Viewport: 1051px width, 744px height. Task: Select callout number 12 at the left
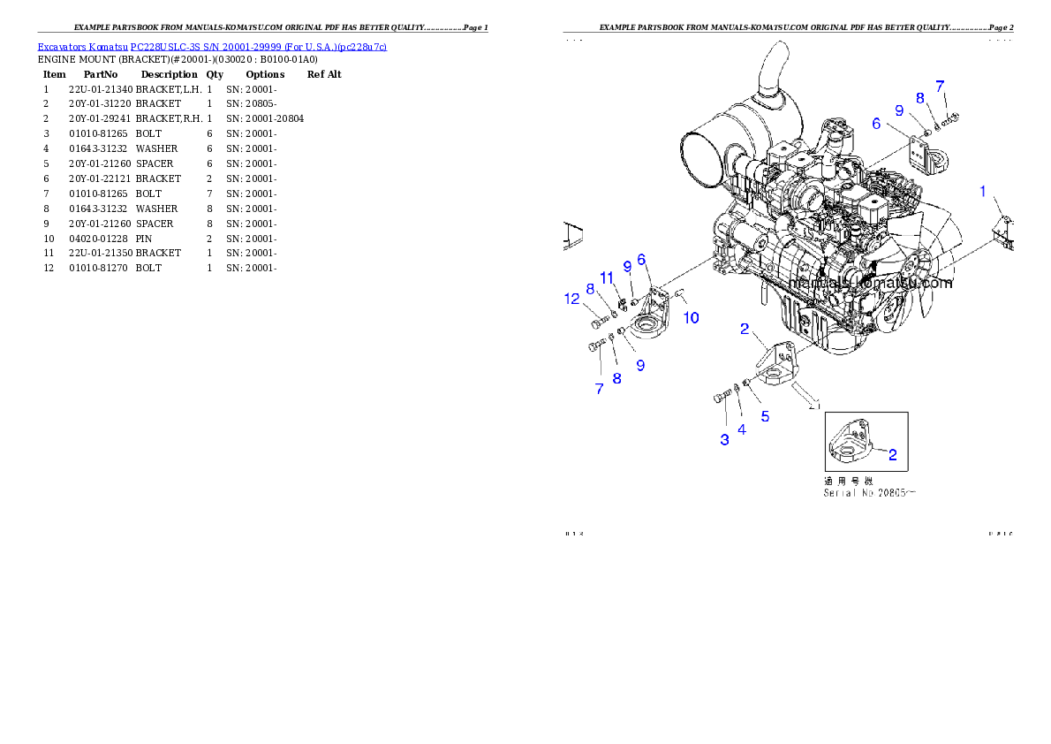click(x=572, y=299)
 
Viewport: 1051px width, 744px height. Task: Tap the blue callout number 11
click(x=607, y=277)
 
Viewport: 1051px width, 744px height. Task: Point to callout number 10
click(x=692, y=317)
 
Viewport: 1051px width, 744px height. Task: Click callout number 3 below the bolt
click(x=724, y=439)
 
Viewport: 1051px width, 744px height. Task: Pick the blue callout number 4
click(x=742, y=429)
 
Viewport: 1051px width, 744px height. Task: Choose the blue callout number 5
click(x=765, y=416)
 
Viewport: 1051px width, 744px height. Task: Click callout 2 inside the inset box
click(x=893, y=455)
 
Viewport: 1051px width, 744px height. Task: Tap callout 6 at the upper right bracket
click(x=876, y=124)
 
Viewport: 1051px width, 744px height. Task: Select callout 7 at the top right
click(x=941, y=86)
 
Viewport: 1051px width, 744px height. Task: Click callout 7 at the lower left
click(x=599, y=388)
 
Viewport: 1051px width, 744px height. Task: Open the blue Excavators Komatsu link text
click(x=212, y=46)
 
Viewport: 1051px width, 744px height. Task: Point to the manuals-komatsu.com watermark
click(x=872, y=284)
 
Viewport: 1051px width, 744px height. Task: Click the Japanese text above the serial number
click(x=847, y=481)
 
